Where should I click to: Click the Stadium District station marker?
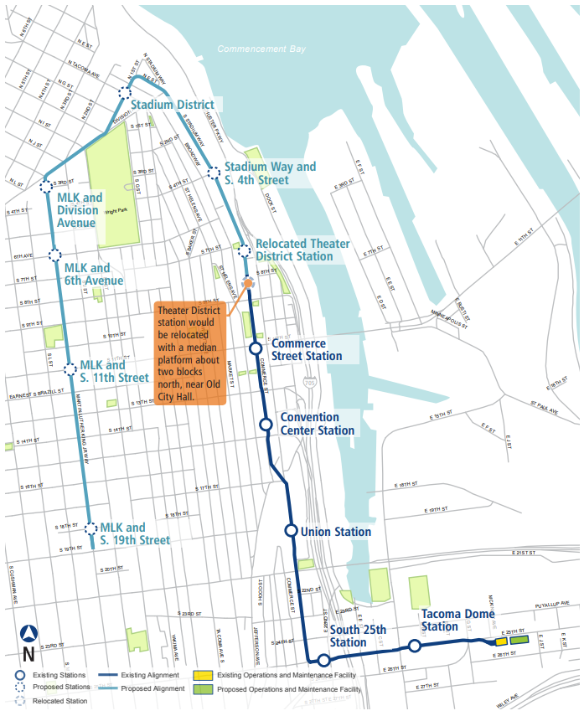tap(125, 94)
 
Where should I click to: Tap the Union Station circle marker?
tap(291, 530)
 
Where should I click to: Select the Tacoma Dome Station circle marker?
tap(414, 645)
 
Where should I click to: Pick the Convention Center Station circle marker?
tap(266, 425)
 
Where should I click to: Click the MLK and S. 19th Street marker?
tap(90, 528)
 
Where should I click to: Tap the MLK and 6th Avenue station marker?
tap(54, 255)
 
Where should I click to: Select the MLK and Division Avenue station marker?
tap(47, 184)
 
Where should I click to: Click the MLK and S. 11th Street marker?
tap(71, 367)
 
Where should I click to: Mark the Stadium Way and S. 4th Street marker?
tap(213, 168)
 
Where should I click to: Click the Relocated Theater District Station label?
tap(302, 250)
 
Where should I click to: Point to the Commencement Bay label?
tap(262, 49)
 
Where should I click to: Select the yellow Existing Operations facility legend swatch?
tap(202, 675)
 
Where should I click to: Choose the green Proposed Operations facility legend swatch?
tap(202, 689)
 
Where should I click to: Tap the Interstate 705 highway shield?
tap(310, 383)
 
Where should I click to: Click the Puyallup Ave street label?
tap(550, 602)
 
